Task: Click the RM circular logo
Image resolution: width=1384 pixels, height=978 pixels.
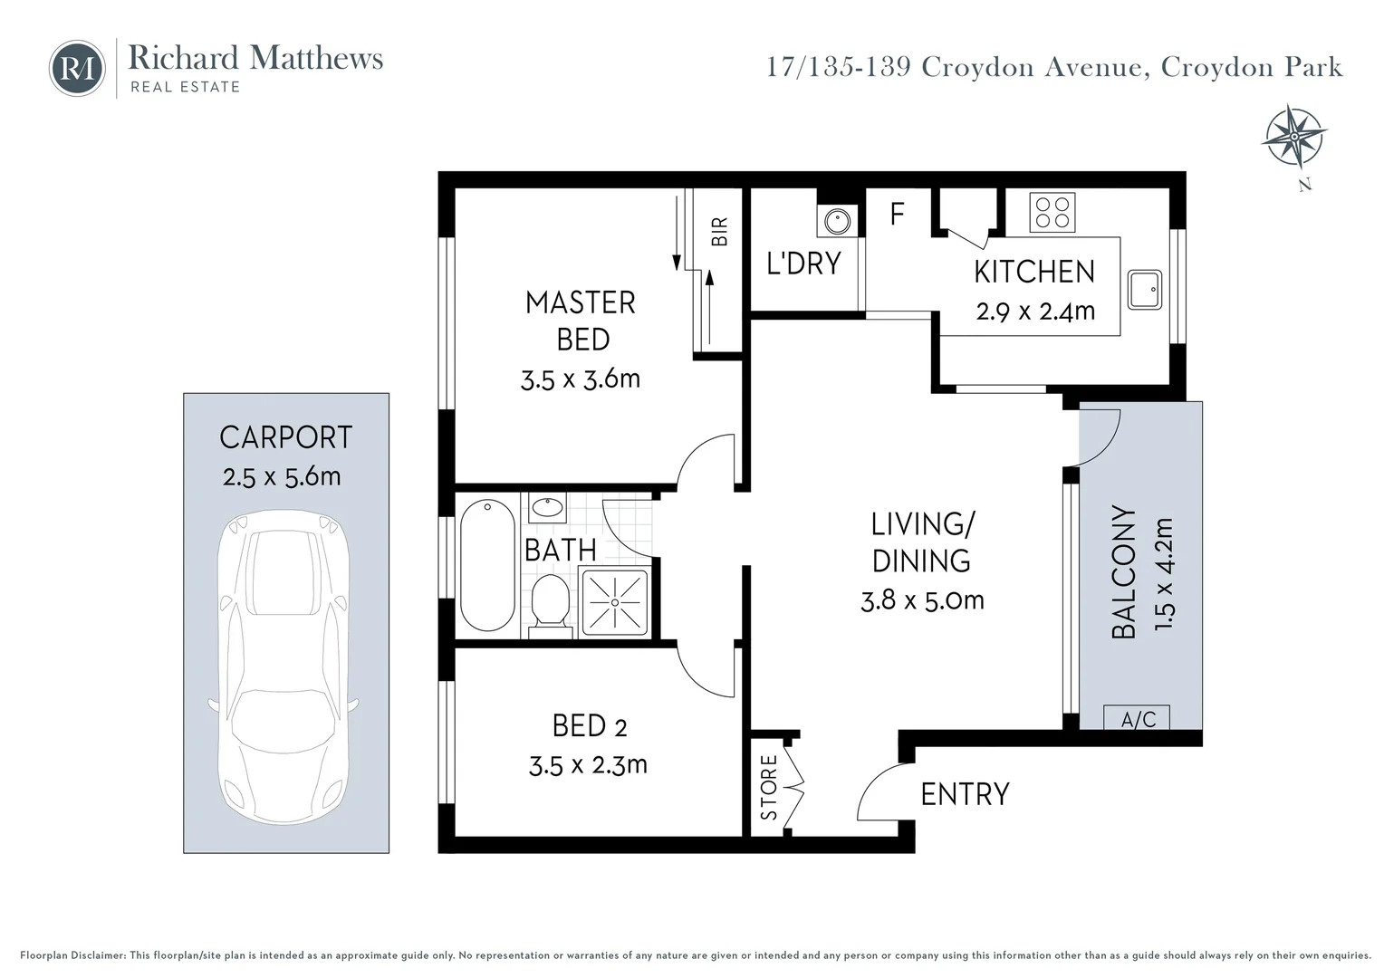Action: [77, 68]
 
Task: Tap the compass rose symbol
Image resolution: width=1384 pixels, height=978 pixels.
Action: [1293, 137]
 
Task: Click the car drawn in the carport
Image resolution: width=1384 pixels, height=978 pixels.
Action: [284, 667]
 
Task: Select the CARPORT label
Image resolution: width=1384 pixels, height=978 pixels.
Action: [286, 437]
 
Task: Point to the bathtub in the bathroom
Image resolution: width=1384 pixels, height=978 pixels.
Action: [487, 565]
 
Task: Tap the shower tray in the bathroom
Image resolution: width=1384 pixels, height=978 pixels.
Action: [615, 602]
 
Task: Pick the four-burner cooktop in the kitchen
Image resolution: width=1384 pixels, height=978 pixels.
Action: [1052, 213]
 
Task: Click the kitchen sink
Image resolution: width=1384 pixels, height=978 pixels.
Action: [1145, 289]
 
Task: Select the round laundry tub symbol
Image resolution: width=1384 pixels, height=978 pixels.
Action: [837, 221]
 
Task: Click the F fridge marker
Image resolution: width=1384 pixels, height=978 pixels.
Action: [897, 214]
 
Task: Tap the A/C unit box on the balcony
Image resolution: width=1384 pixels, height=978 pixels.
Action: [1137, 718]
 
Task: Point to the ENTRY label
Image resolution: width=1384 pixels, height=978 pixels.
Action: [966, 794]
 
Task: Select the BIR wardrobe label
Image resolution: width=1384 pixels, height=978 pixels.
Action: [720, 232]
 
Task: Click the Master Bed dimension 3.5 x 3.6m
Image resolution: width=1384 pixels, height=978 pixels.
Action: [581, 379]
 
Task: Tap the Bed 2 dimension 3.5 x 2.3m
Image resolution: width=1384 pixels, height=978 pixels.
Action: [588, 765]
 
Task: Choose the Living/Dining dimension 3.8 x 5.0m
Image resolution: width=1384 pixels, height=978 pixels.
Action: [922, 600]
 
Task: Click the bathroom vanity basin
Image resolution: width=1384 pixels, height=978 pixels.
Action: [547, 508]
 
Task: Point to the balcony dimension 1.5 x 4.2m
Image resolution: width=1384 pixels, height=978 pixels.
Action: [1163, 574]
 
